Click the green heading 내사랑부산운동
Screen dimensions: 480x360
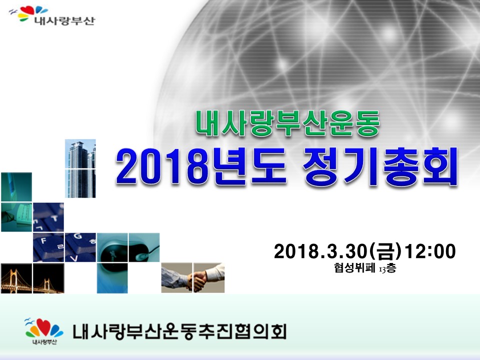[287, 123]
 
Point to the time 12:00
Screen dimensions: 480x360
[430, 251]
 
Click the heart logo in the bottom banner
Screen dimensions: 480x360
[44, 328]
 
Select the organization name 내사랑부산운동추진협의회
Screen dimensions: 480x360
[179, 331]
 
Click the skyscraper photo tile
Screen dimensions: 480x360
[80, 168]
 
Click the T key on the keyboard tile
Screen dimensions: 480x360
[54, 218]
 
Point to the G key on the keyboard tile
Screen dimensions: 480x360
[78, 236]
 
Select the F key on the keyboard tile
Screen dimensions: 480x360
[43, 241]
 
